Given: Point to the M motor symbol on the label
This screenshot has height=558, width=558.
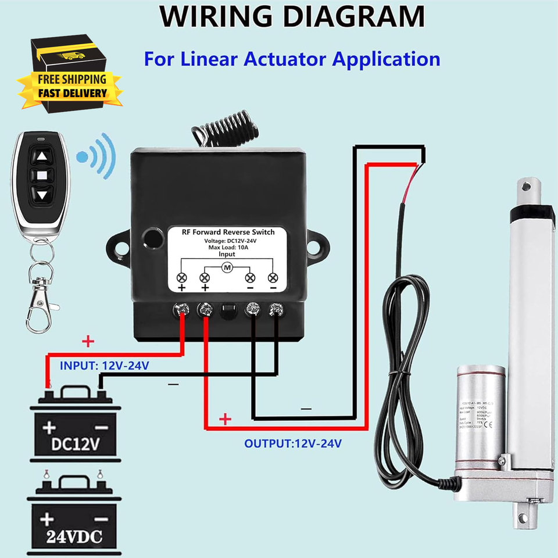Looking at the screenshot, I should (227, 267).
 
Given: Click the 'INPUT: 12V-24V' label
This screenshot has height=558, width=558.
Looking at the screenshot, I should (105, 366).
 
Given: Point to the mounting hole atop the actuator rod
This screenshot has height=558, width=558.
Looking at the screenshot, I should (527, 187).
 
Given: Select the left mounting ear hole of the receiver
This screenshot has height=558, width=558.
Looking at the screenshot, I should (121, 248).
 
